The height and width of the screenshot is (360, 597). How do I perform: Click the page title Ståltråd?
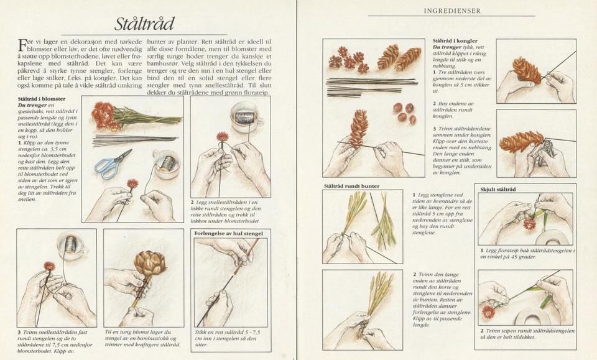[x=145, y=24]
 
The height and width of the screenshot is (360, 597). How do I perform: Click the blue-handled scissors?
[x=112, y=164]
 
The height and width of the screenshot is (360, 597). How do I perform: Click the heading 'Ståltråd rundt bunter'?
[x=351, y=186]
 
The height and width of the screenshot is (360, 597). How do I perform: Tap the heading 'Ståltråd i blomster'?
[x=42, y=99]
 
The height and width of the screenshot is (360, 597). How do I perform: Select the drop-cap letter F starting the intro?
[x=23, y=45]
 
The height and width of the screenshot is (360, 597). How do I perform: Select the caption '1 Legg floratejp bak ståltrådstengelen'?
[x=526, y=254]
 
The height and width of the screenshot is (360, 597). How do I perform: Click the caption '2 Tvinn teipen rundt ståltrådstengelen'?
[x=526, y=333]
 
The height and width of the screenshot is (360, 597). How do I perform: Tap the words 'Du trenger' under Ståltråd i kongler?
[x=447, y=47]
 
